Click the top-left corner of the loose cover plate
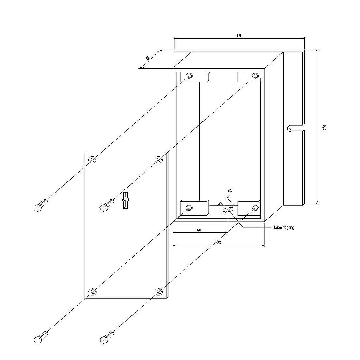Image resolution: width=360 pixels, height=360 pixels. [84, 152]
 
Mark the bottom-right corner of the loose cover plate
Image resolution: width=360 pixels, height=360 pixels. [168, 298]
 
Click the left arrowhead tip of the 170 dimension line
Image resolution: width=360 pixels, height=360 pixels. [175, 39]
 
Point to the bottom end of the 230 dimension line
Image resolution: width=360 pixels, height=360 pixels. [317, 204]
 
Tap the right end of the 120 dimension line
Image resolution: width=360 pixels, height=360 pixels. [264, 245]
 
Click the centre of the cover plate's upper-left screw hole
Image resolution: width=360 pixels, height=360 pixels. [92, 160]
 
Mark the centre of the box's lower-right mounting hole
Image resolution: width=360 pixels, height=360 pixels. [255, 208]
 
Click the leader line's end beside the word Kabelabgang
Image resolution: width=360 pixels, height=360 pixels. [271, 227]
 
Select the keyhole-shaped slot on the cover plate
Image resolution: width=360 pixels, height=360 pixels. [125, 200]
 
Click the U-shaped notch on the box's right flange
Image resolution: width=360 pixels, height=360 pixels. [296, 129]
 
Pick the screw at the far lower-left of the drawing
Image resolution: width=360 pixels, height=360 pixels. [41, 336]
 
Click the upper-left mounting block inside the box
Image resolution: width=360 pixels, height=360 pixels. [194, 77]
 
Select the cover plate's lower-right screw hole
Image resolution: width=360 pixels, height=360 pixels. [159, 292]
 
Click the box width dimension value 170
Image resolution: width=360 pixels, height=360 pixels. [239, 36]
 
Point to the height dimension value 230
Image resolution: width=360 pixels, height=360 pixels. [324, 127]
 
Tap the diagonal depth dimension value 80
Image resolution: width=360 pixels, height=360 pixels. [148, 58]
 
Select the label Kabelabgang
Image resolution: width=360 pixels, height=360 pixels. [284, 227]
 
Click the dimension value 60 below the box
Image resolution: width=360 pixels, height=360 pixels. [199, 230]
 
